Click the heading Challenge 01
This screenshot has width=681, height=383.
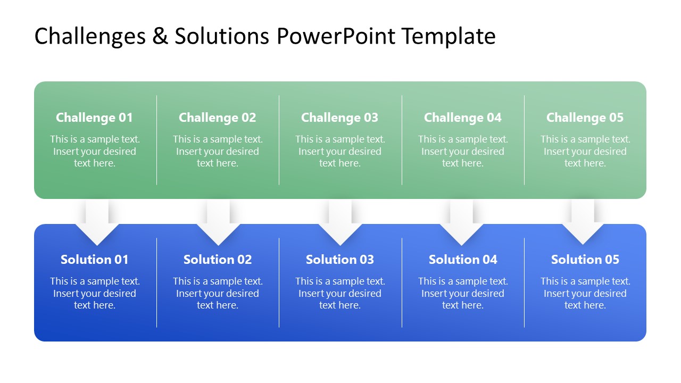pyautogui.click(x=94, y=118)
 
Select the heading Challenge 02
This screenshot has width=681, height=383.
pyautogui.click(x=217, y=118)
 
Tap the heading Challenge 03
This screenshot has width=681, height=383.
pyautogui.click(x=339, y=118)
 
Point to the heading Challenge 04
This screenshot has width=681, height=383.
pyautogui.click(x=462, y=118)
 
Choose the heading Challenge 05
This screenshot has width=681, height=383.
pyautogui.click(x=585, y=118)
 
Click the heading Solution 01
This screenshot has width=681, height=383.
pyautogui.click(x=94, y=260)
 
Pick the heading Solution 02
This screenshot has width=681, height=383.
pyautogui.click(x=217, y=260)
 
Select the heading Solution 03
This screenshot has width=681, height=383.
pyautogui.click(x=339, y=260)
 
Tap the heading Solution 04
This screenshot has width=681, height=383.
pyautogui.click(x=462, y=260)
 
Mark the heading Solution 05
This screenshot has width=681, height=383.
pyautogui.click(x=585, y=260)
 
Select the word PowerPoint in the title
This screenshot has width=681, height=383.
pyautogui.click(x=336, y=36)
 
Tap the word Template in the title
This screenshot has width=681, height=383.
pyautogui.click(x=449, y=36)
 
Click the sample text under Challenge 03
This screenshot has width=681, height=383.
pyautogui.click(x=339, y=152)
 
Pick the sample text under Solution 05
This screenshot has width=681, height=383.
pyautogui.click(x=585, y=294)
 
